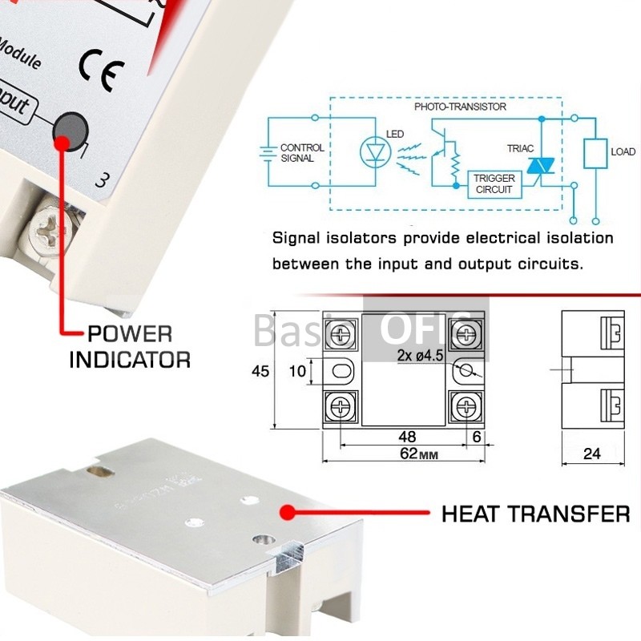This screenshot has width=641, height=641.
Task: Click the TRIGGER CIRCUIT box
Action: pos(494,183)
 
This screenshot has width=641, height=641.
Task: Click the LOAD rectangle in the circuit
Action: pos(595,152)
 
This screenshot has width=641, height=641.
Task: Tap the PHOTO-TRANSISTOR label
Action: pos(460,107)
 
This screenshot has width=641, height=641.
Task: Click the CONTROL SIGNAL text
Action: pos(302,153)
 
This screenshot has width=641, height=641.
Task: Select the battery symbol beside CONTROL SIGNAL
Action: pos(267,152)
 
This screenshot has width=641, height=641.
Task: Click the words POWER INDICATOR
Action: pos(129,346)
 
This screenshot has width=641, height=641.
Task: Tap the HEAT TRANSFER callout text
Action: pos(535,514)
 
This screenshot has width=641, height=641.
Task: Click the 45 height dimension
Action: pos(260,371)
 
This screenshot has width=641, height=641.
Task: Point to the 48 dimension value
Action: pos(406,437)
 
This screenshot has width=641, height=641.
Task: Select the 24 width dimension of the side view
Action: pos(591,454)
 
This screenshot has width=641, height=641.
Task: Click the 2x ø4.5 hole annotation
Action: pos(419,353)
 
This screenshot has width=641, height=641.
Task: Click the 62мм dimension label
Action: pos(402,454)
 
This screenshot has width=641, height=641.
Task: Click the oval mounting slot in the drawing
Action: pos(341,371)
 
